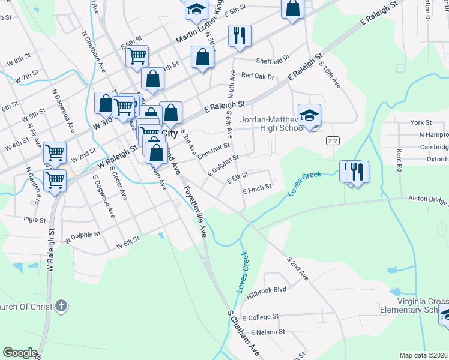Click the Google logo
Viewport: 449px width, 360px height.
20,353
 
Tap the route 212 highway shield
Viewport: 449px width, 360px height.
331,140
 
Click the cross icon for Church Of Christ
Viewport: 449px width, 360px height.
61,307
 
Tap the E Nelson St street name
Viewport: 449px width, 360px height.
267,332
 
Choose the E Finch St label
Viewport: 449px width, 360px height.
257,187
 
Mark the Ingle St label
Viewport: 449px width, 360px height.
34,220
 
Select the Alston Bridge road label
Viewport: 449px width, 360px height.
427,198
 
